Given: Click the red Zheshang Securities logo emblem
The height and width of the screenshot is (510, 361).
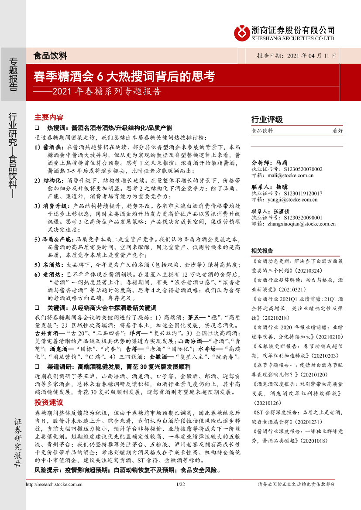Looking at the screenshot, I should coord(242,32).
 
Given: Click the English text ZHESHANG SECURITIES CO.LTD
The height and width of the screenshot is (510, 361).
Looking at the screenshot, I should coord(294,38).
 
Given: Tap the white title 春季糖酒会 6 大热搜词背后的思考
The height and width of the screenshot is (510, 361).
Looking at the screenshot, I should coord(124,77).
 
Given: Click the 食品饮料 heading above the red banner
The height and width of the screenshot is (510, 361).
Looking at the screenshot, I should coord(50,55).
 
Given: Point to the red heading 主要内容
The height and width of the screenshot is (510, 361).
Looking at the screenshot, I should coord(49,117).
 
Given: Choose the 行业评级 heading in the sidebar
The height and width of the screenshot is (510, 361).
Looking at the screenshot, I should coord(267,120).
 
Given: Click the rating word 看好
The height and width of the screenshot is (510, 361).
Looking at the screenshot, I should coord(338,130).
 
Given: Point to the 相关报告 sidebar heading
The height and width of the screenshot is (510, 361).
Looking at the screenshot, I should coord(262,250).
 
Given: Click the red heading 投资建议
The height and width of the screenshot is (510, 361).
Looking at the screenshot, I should coord(49,401).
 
